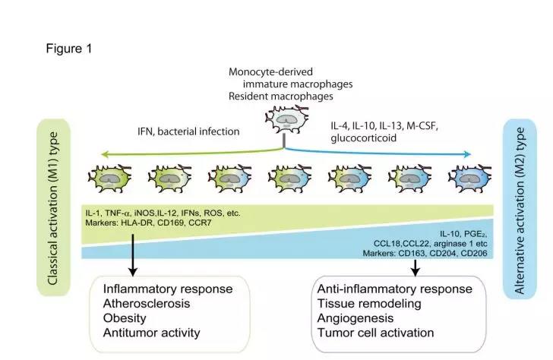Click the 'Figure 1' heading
click(69, 49)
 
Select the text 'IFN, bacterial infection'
click(188, 131)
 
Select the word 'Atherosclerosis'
click(147, 304)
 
